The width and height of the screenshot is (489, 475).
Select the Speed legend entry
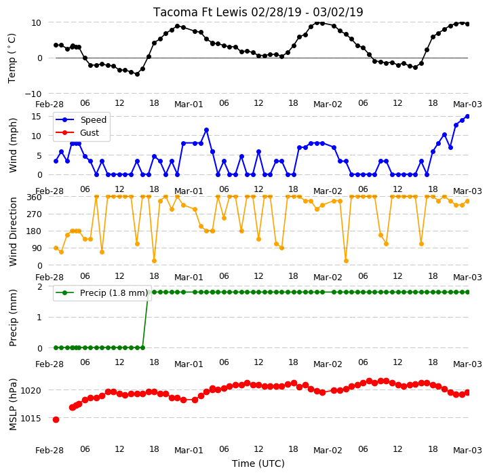[81, 120]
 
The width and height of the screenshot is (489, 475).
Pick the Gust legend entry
[77, 132]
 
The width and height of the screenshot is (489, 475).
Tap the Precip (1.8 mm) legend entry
[101, 292]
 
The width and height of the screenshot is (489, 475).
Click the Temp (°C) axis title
[12, 58]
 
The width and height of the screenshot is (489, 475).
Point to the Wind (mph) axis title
[13, 145]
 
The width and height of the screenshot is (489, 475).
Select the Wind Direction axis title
[13, 231]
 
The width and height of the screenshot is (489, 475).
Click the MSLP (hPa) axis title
[13, 404]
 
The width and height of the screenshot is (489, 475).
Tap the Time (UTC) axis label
[258, 463]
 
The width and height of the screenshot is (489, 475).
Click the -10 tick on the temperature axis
[33, 94]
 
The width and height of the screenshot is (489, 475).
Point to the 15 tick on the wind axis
[37, 117]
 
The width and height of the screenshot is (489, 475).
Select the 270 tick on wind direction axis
[35, 214]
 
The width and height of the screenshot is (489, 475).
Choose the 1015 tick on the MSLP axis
[31, 418]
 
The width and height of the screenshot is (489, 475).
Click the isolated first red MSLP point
[56, 420]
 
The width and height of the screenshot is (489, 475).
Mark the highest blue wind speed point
[467, 117]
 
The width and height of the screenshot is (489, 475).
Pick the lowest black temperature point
[137, 74]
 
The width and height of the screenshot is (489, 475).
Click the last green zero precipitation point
[143, 347]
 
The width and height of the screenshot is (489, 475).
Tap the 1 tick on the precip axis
[39, 317]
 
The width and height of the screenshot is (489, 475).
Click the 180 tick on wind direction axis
[35, 231]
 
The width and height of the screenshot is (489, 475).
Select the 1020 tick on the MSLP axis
[31, 390]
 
